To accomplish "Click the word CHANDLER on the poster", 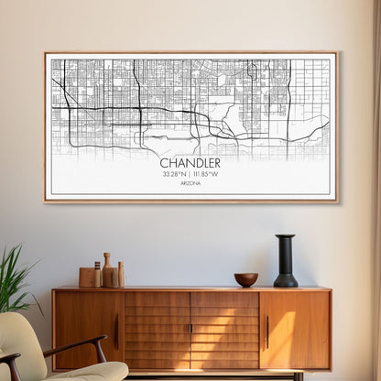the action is click(x=190, y=163).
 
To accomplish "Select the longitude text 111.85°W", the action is click(x=207, y=174).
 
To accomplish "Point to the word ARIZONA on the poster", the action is click(x=190, y=183).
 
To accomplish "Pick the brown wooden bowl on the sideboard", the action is click(x=245, y=279).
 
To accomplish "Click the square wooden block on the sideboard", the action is click(x=88, y=277).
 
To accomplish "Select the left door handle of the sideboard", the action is click(x=116, y=331).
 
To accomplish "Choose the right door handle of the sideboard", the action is click(x=267, y=331).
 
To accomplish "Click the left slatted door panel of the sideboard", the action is click(x=158, y=331).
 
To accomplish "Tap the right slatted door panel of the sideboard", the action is click(x=224, y=331).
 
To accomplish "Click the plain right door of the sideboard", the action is click(x=296, y=331).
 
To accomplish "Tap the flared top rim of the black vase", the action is click(x=286, y=238).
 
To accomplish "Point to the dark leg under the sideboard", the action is click(x=299, y=376).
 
